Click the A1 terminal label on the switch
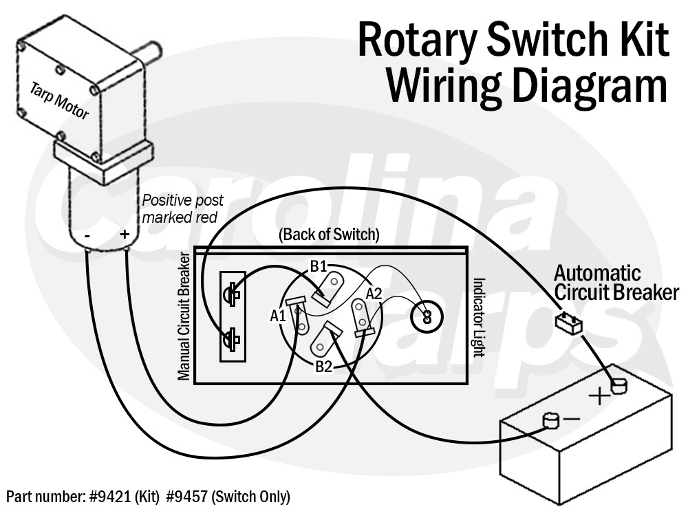[277, 316]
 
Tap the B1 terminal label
[318, 266]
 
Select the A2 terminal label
[373, 294]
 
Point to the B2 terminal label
[324, 366]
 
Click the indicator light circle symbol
[427, 317]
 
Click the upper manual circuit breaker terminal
[233, 294]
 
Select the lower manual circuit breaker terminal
[233, 338]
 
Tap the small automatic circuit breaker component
[570, 322]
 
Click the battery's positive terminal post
[619, 386]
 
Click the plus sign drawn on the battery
[600, 396]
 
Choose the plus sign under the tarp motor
[125, 235]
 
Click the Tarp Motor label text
[59, 100]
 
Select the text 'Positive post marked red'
[182, 208]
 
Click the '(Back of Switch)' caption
[329, 235]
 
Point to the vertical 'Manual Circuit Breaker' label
[184, 316]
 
